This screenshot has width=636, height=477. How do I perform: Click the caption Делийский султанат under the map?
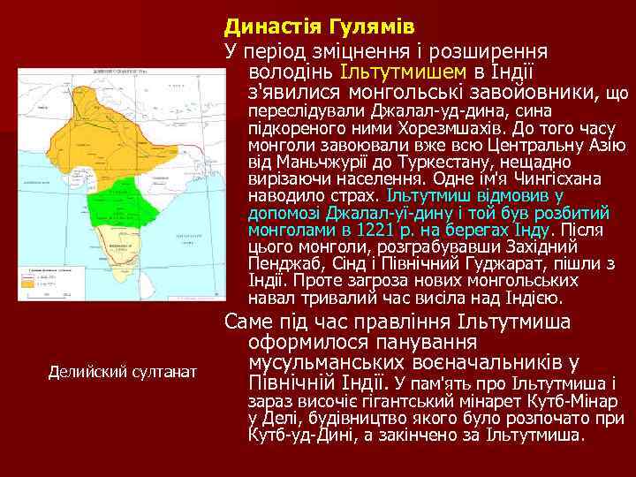tap(122, 371)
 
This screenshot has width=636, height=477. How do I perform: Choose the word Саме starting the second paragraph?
tap(249, 322)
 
